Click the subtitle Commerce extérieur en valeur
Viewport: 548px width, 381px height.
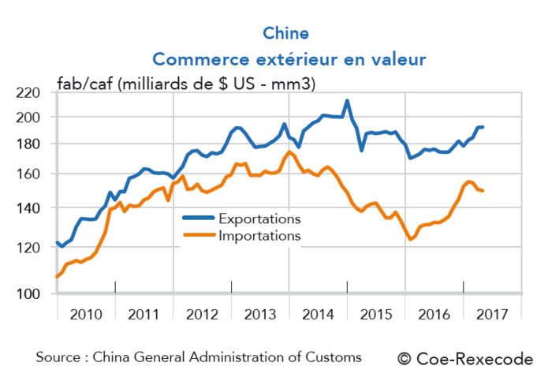tap(289, 59)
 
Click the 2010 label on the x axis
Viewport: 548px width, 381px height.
tap(86, 314)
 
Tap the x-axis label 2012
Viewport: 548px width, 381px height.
tap(202, 314)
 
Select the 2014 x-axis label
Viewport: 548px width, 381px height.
tap(318, 314)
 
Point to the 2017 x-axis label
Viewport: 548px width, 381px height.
tap(492, 314)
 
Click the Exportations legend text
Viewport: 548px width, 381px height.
tap(259, 219)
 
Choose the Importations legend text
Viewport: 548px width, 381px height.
tap(259, 235)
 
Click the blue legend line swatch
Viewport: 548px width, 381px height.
tap(199, 219)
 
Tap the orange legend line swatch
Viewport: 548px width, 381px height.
tap(199, 235)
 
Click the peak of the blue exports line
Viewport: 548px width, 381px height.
tap(347, 101)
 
